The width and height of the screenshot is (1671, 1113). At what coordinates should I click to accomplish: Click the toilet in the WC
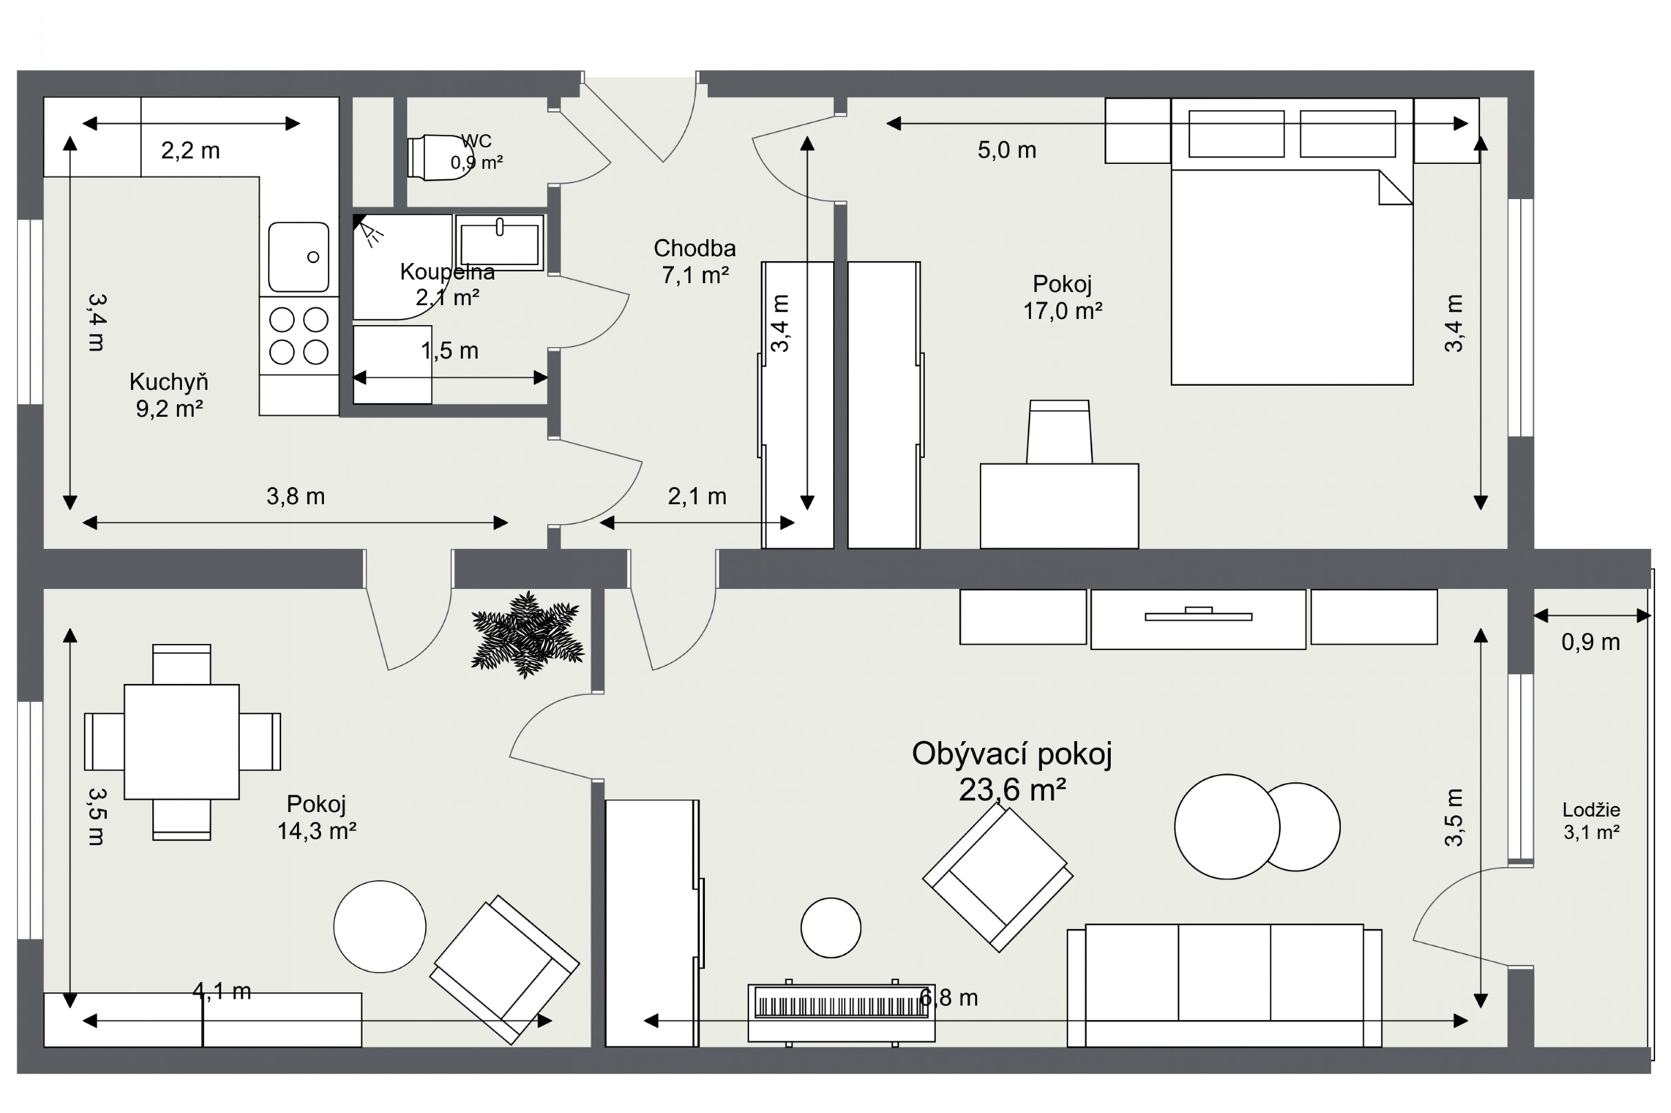(x=440, y=158)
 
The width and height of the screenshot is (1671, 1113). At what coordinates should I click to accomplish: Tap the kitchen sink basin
(x=298, y=257)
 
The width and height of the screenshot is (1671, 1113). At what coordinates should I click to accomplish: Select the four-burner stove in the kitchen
(x=299, y=335)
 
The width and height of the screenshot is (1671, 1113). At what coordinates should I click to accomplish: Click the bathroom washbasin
(x=500, y=242)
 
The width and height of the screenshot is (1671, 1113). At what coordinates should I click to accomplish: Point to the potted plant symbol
(x=527, y=634)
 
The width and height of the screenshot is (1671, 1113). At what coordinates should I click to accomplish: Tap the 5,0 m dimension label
(x=1006, y=149)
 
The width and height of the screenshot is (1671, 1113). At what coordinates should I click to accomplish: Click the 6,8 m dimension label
(x=949, y=998)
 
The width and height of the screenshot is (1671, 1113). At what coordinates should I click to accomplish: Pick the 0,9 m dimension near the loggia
(x=1590, y=642)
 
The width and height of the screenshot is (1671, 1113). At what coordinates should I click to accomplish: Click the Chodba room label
(x=695, y=248)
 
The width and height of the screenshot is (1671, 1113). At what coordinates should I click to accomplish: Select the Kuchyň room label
(x=169, y=382)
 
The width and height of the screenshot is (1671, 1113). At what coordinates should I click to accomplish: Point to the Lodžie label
(x=1591, y=809)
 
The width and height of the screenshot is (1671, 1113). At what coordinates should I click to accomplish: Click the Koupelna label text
(x=447, y=271)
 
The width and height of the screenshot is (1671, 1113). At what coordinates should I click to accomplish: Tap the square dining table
(x=182, y=742)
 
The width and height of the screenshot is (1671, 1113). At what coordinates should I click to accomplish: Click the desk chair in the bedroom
(x=1059, y=432)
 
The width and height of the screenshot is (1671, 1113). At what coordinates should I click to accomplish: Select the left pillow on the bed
(x=1236, y=134)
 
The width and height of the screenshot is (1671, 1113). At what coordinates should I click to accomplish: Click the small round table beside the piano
(x=831, y=927)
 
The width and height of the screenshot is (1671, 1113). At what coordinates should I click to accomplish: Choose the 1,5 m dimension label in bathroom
(x=449, y=350)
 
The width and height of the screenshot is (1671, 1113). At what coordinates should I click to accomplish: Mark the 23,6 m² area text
(x=1012, y=789)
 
